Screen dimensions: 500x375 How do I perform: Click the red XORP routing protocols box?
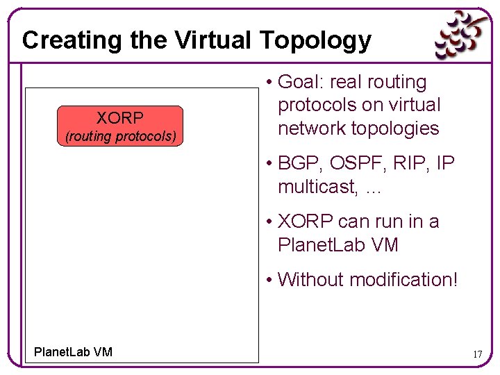tap(119, 126)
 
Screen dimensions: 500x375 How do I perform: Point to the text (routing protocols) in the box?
tap(119, 136)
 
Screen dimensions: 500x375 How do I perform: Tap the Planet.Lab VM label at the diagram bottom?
tap(73, 352)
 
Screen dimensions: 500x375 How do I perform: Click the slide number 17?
tap(478, 354)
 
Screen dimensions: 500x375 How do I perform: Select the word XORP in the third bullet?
tap(305, 222)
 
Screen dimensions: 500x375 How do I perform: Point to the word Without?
tap(310, 279)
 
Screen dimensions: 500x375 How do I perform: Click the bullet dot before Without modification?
tap(269, 280)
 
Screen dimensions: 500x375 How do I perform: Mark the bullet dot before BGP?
tap(269, 164)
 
